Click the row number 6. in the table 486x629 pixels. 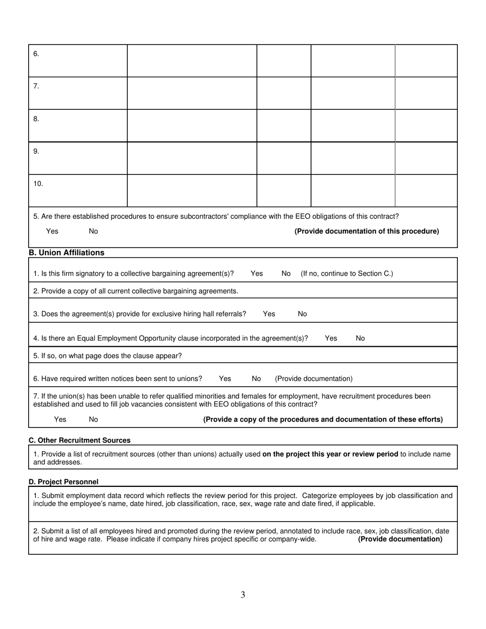(36, 54)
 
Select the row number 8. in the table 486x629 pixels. (36, 119)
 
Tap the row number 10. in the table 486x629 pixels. (38, 184)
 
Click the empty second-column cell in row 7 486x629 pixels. (192, 93)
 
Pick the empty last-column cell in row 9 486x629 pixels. (426, 158)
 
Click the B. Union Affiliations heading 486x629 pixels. (67, 253)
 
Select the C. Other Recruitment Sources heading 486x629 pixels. (79, 440)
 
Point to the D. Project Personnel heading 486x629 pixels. (63, 482)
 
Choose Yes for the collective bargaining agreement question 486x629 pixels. (257, 274)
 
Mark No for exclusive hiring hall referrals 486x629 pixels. (302, 314)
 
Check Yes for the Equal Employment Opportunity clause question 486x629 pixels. (331, 338)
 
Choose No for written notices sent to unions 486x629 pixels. (256, 378)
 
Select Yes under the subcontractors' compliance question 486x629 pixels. (52, 231)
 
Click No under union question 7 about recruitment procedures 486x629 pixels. (93, 419)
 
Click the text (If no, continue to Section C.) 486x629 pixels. (347, 274)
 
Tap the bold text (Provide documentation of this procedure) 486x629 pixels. (366, 231)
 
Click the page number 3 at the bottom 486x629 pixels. (243, 595)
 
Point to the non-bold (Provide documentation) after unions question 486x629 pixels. (314, 378)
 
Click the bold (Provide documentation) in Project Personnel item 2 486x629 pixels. (400, 539)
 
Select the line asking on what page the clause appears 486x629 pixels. (107, 355)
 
